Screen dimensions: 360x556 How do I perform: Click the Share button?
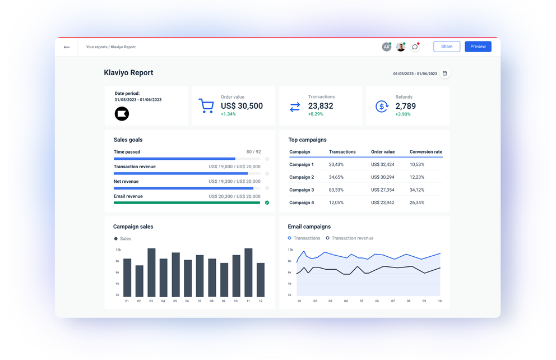coord(446,47)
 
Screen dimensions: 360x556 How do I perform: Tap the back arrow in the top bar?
coord(67,47)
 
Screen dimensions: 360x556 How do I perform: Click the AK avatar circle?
coord(386,47)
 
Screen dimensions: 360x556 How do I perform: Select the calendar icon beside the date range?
coord(444,73)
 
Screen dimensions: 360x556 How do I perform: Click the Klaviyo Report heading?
coord(128,73)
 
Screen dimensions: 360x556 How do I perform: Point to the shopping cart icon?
coord(206,106)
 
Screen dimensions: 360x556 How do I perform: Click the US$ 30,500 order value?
coord(242,106)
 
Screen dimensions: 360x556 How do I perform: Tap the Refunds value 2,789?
coord(405,106)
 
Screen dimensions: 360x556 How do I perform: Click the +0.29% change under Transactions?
coord(316,114)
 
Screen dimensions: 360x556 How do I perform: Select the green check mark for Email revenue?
coord(267,202)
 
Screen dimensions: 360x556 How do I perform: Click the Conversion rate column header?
coord(425,152)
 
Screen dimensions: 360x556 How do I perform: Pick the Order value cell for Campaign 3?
coord(382,190)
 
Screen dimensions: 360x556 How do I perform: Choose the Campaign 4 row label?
coord(302,202)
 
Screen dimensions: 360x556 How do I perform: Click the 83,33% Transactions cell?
coord(336,190)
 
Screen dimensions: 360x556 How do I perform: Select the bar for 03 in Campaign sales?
coord(151,273)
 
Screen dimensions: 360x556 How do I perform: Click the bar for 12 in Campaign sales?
coord(261,280)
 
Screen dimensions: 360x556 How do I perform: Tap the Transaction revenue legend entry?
coord(352,238)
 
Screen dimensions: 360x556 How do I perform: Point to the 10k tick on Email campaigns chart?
coord(290,250)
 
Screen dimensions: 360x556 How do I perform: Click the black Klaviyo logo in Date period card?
coord(122,114)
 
